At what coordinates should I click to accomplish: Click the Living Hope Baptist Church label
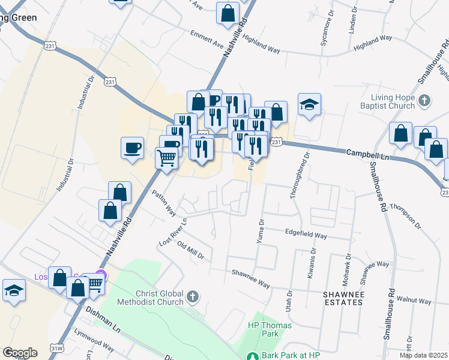point(393,101)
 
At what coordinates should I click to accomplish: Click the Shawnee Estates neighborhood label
point(343,298)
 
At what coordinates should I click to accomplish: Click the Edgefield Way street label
point(306,234)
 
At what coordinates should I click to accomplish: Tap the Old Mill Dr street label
point(191,249)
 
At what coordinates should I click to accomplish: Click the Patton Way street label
point(163,203)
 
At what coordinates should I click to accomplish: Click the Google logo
point(20,353)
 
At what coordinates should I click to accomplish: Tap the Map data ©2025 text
point(423,355)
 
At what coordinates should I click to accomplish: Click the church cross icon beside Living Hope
point(424,100)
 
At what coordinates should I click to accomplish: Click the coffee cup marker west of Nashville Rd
point(132,147)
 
